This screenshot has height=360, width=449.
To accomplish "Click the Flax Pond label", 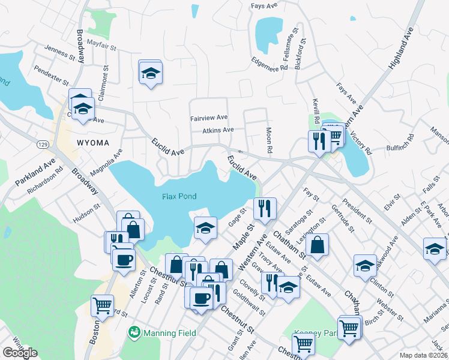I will (179, 196).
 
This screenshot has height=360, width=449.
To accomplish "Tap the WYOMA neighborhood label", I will (93, 142).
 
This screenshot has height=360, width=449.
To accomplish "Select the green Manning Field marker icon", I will (133, 332).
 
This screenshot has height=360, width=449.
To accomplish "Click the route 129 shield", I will (42, 145).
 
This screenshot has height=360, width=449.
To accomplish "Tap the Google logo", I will (20, 353).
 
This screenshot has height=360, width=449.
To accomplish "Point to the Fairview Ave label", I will (209, 118).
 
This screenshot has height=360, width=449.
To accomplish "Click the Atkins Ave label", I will (217, 130).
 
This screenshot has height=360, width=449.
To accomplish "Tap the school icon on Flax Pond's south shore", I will (205, 227).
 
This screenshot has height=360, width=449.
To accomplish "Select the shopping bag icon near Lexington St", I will (318, 244).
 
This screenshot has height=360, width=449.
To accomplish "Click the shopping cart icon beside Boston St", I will (102, 305).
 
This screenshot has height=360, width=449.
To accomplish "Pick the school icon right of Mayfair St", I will (150, 73).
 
